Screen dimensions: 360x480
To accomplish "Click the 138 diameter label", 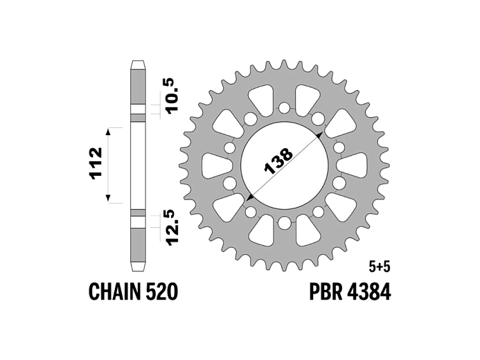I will (x=279, y=161).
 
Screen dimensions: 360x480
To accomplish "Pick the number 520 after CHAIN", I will (x=163, y=291).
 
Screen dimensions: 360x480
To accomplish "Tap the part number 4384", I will (x=370, y=291).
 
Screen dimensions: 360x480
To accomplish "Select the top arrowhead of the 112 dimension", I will (x=108, y=129).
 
